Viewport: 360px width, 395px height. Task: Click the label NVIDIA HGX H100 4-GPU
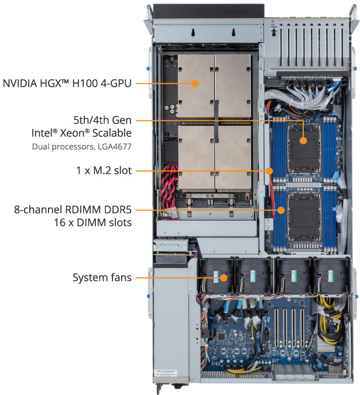coord(67,83)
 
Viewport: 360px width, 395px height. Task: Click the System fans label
coord(102,277)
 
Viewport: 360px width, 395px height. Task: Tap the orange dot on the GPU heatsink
coord(197,83)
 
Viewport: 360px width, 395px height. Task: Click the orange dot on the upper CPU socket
coord(304,140)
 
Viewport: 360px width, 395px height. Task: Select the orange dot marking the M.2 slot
coord(270,171)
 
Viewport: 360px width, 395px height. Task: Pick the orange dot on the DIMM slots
coord(280,209)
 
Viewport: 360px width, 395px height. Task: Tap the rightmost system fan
coord(329,274)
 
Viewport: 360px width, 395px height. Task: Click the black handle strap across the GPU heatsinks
coord(215,123)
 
